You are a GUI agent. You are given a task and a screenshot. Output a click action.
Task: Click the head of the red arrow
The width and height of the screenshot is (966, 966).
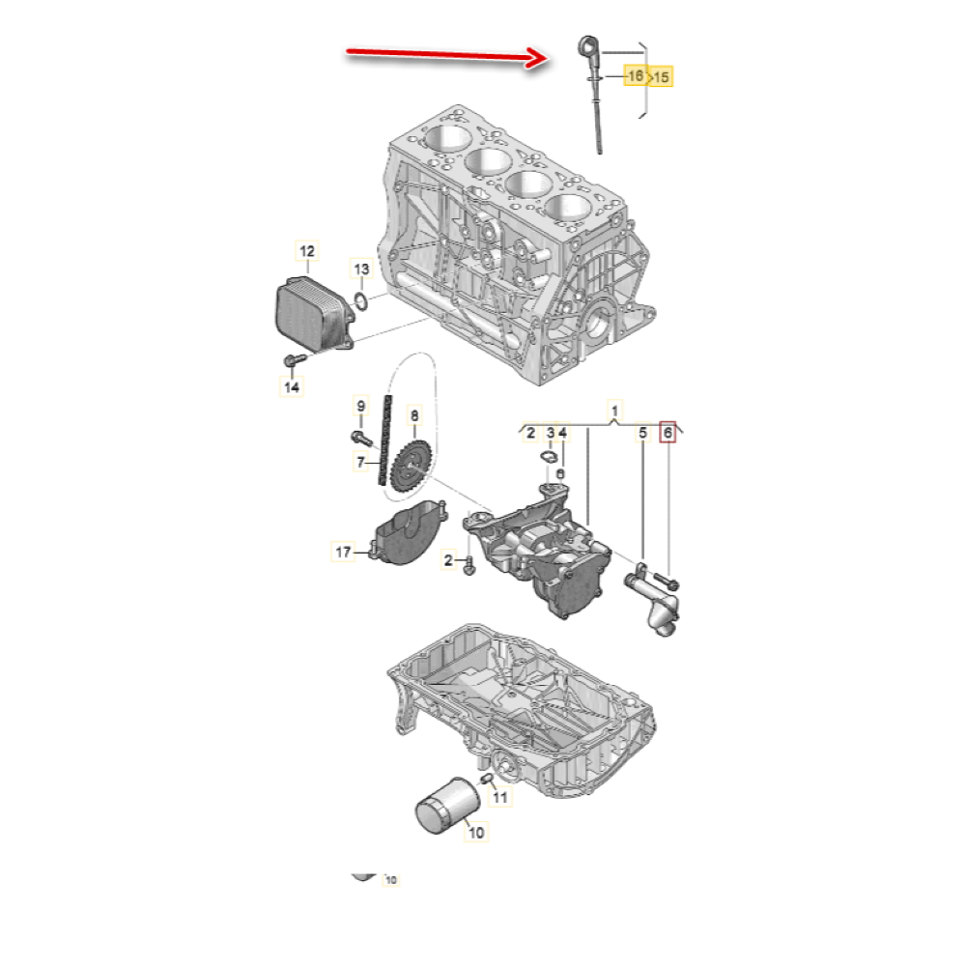click(537, 58)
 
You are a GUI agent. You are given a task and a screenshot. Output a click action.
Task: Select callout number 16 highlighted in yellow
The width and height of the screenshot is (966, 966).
click(636, 75)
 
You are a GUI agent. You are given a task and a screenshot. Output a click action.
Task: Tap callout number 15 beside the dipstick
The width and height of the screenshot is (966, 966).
click(661, 77)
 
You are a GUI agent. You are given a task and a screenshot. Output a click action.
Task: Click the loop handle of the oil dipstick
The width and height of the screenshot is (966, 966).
click(587, 46)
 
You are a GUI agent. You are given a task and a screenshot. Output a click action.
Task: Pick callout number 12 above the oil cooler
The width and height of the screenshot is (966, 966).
click(307, 251)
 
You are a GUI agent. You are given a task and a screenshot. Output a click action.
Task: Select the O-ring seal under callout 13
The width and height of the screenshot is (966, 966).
click(361, 301)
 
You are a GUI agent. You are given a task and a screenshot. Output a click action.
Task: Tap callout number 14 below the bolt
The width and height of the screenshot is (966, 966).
click(292, 387)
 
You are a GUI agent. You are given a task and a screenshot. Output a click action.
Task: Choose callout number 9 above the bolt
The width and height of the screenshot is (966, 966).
click(361, 406)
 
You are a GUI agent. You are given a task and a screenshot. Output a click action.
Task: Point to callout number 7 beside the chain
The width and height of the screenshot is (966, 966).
click(361, 462)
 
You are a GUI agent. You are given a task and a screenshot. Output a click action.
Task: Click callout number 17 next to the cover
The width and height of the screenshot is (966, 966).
click(343, 552)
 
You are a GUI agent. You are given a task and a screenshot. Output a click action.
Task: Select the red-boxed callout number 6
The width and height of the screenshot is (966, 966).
click(668, 433)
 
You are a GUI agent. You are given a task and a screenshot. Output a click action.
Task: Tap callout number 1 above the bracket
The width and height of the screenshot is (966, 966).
click(614, 410)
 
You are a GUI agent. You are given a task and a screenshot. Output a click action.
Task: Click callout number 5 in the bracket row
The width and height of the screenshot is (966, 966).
click(643, 433)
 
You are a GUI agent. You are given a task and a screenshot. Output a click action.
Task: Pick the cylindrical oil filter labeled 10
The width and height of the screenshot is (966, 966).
click(448, 806)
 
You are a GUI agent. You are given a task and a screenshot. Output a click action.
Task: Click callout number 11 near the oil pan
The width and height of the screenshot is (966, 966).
click(500, 797)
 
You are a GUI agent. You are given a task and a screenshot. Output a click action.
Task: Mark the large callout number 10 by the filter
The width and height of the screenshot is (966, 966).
click(476, 833)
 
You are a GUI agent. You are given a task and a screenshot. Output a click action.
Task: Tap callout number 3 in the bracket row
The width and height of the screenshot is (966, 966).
click(551, 433)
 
